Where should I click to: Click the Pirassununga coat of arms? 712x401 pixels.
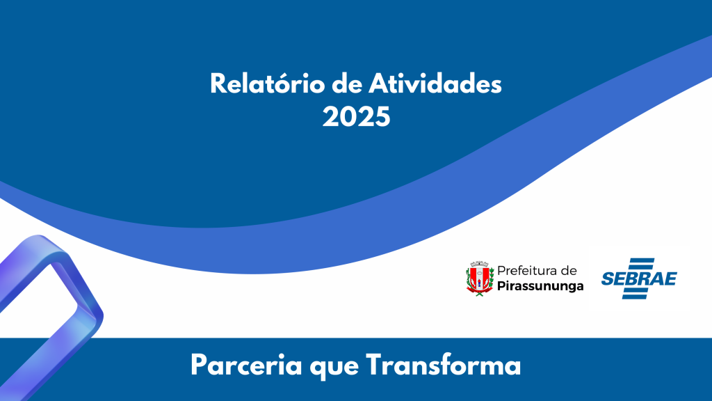(479, 278)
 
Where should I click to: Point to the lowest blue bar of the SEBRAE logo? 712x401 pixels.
(638, 297)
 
